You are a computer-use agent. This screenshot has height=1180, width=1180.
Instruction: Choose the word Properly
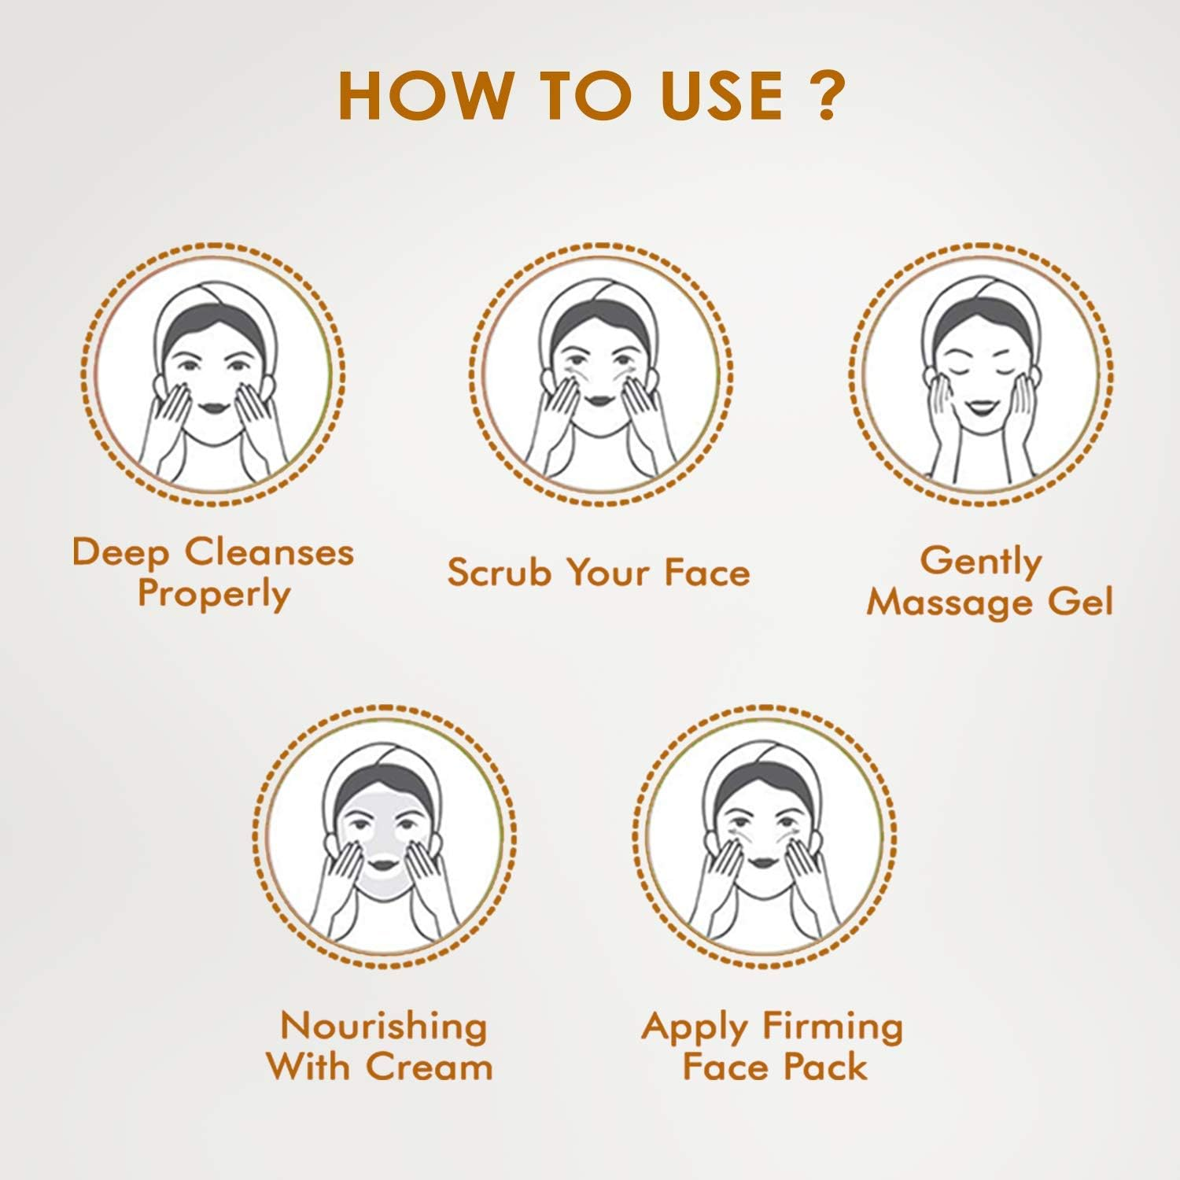[214, 595]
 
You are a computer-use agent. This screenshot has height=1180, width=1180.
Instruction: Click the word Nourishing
[384, 1026]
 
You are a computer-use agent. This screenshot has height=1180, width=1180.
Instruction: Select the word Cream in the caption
[430, 1067]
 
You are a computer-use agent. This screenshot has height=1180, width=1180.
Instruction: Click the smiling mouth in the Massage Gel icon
[979, 408]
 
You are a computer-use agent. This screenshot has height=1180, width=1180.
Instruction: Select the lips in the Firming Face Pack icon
[761, 861]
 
